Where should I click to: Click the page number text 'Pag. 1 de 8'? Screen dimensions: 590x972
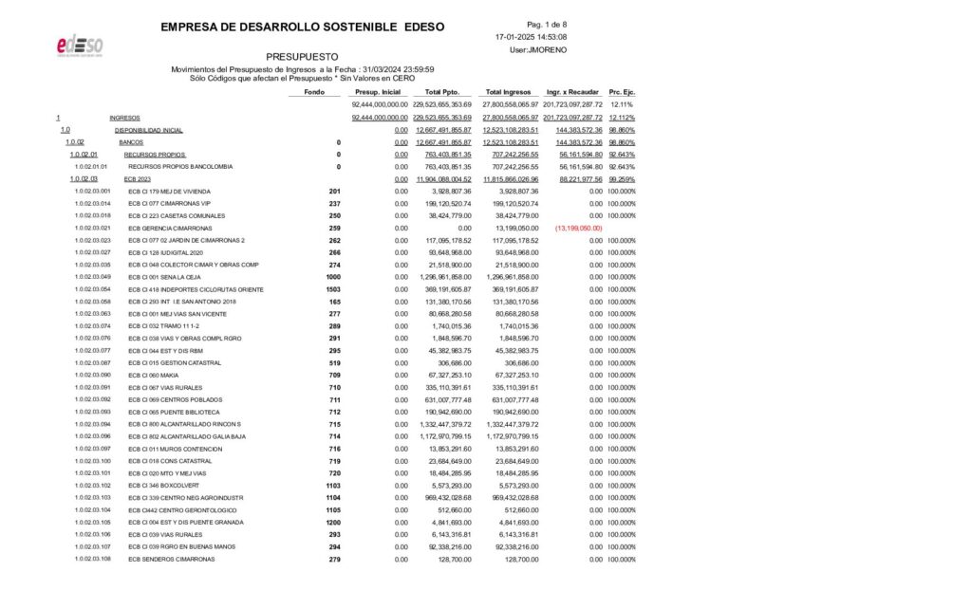click(546, 24)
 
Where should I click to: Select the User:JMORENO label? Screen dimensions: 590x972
click(532, 49)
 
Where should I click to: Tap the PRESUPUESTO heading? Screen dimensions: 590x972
click(303, 57)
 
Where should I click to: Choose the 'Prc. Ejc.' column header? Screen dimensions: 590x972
click(621, 92)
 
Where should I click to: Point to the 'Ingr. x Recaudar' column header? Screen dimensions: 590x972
click(573, 92)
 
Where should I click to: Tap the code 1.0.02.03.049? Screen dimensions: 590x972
click(92, 277)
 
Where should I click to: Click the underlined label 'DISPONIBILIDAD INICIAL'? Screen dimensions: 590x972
click(148, 130)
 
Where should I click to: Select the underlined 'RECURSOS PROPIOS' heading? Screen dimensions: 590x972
click(155, 154)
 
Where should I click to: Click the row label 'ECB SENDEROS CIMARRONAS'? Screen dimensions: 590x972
click(171, 559)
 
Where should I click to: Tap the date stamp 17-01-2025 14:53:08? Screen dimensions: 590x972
click(532, 37)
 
